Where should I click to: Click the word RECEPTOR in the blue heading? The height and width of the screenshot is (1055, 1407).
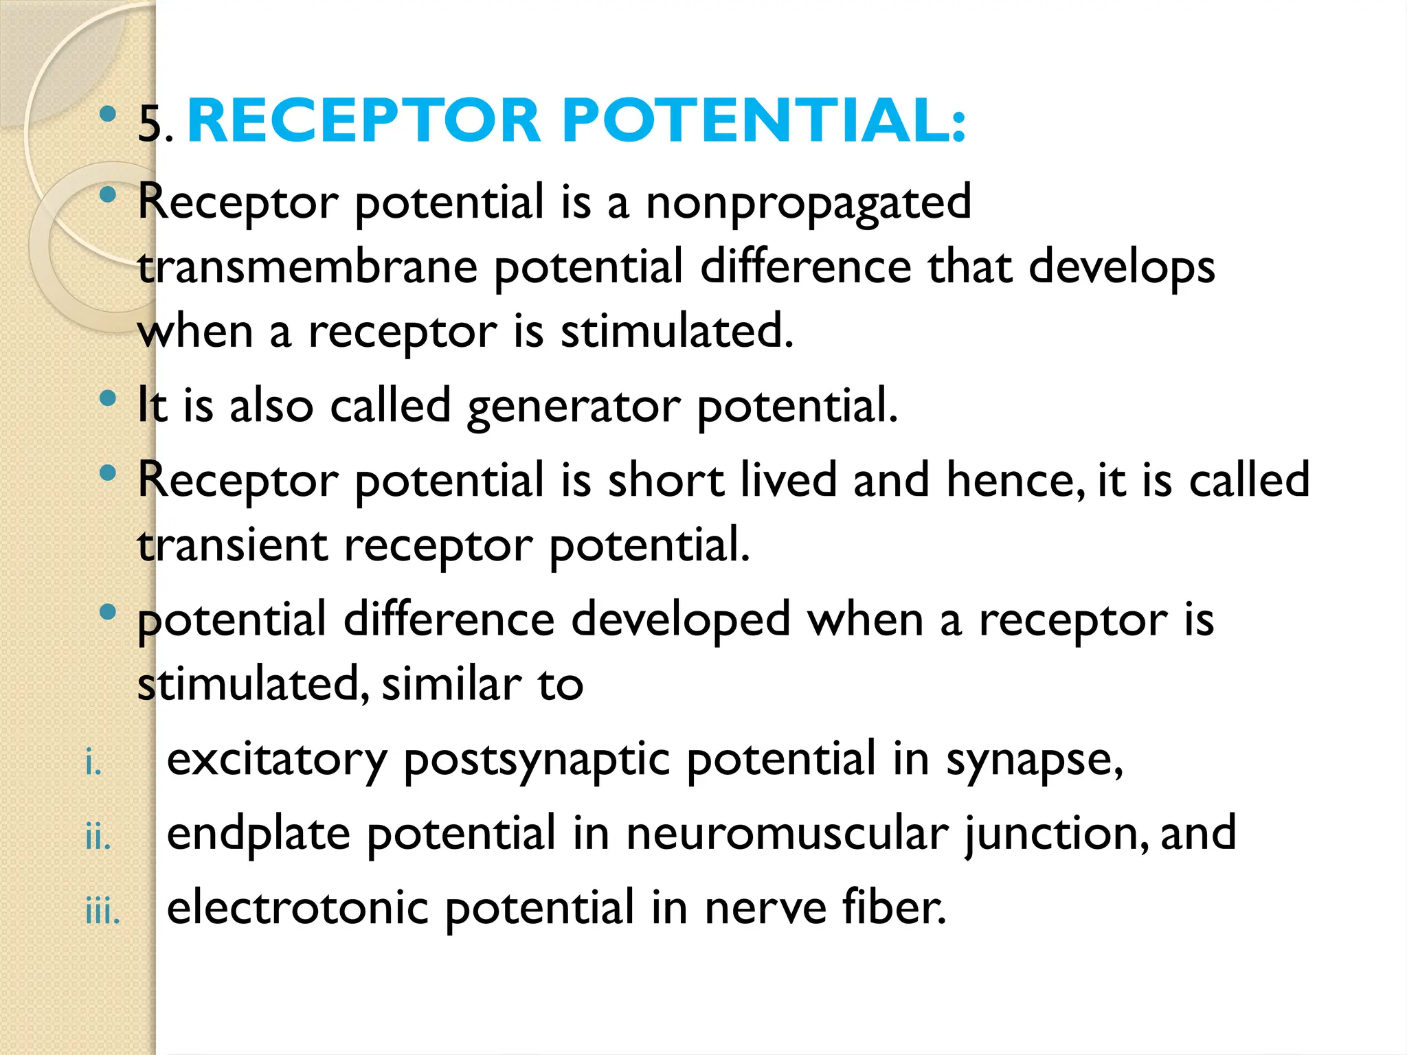pos(364,121)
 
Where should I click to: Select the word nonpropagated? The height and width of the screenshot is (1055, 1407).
pos(809,203)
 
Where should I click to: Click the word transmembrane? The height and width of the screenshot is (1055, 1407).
pos(307,267)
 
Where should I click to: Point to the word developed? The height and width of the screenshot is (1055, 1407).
pos(680,620)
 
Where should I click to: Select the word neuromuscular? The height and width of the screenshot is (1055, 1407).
pos(787,833)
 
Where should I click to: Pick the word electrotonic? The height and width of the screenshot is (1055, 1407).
pos(297,907)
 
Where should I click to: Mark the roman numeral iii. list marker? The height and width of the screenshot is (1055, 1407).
pos(102,912)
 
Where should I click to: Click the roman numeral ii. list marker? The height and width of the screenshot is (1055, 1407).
pos(98,838)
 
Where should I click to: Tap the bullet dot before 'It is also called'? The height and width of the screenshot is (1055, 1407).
pos(108,398)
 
